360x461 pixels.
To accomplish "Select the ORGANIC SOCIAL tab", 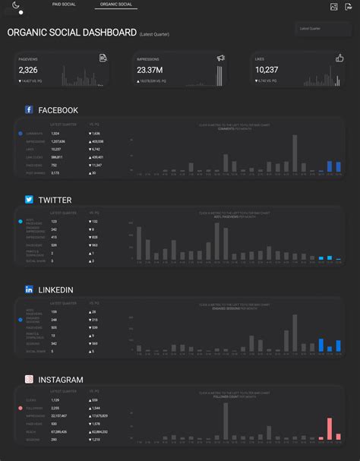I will click(115, 5).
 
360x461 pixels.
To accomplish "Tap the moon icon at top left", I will click(16, 5).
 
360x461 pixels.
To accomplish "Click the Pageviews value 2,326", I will click(28, 70).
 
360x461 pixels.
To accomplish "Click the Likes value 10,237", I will click(267, 70).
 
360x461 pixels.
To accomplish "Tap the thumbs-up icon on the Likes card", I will click(339, 58).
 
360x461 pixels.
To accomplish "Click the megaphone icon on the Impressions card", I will click(221, 58).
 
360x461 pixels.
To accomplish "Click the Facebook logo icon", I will click(29, 110).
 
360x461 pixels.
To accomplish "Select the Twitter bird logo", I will click(29, 200).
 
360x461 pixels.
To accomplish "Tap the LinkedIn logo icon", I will click(29, 289).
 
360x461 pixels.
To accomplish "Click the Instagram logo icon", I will click(29, 379).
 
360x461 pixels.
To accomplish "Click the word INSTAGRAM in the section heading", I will click(60, 379).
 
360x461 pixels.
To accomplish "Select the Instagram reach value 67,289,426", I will click(59, 431).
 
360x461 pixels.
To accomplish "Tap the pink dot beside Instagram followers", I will click(21, 408).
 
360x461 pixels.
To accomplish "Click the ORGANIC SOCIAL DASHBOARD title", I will click(71, 33).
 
